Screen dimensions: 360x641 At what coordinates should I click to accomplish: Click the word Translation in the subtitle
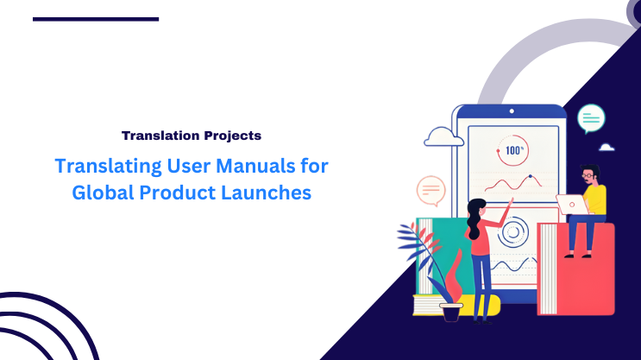click(155, 136)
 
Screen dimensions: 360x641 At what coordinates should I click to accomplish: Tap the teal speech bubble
click(591, 117)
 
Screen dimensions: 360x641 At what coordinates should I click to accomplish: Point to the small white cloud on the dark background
click(606, 148)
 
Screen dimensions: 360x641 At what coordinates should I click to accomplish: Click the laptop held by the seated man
click(571, 205)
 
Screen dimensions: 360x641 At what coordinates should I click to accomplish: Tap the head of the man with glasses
click(589, 173)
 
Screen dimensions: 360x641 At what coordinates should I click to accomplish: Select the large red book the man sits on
click(575, 268)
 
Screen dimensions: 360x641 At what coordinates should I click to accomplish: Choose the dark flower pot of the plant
click(450, 312)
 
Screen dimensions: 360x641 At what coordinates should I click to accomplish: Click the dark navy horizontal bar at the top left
click(96, 18)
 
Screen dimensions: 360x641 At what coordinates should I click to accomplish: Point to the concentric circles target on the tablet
click(514, 231)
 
